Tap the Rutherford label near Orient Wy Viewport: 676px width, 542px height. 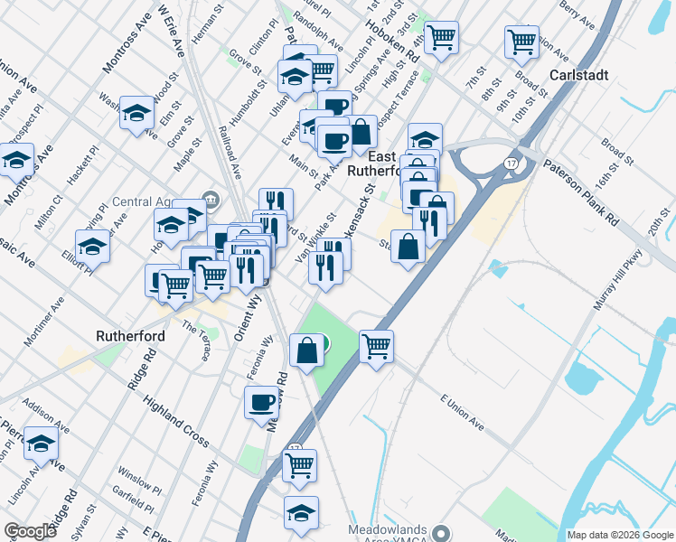pyautogui.click(x=128, y=336)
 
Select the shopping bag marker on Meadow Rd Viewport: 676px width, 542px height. pyautogui.click(x=306, y=349)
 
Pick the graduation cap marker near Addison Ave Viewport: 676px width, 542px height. pyautogui.click(x=41, y=444)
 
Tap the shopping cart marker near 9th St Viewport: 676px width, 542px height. pyautogui.click(x=521, y=41)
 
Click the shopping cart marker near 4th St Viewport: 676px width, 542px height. pyautogui.click(x=441, y=38)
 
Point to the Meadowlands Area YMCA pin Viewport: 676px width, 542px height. pyautogui.click(x=441, y=532)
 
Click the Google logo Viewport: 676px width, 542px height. pyautogui.click(x=30, y=531)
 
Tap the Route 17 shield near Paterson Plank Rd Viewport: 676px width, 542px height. pyautogui.click(x=512, y=163)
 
